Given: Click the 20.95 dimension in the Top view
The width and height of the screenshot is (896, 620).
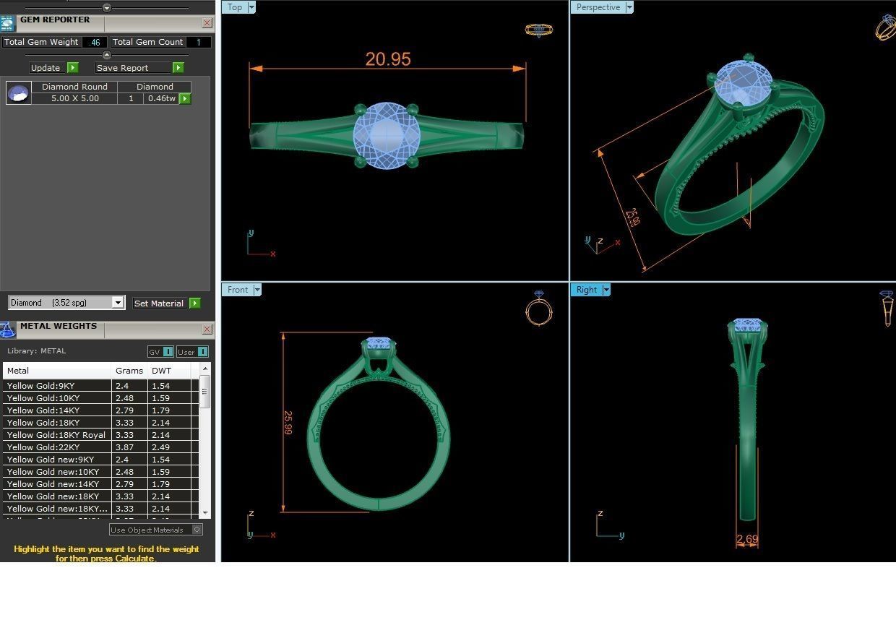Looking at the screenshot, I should click(x=388, y=59).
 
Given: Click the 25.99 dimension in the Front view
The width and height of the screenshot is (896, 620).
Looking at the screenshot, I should click(x=288, y=423).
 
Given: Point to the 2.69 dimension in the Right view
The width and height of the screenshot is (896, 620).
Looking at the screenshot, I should click(x=747, y=540).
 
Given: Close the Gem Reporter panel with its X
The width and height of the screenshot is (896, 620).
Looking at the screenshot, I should click(x=207, y=23).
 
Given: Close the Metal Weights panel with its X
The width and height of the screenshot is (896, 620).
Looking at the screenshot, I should click(x=207, y=330).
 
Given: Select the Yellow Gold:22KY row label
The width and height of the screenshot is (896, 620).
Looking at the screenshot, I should click(x=43, y=447).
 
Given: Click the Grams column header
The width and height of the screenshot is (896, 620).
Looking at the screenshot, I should click(x=129, y=371).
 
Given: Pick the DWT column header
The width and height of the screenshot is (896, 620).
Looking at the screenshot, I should click(x=162, y=371).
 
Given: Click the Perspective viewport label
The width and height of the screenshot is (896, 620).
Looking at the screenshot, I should click(x=598, y=7).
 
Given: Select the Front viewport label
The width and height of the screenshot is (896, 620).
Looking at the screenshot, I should click(x=237, y=290).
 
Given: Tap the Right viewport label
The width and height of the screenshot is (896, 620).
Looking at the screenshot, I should click(x=586, y=290).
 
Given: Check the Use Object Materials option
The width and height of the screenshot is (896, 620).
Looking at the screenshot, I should click(x=197, y=530).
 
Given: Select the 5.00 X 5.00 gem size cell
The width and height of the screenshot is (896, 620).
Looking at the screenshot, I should click(x=74, y=98).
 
